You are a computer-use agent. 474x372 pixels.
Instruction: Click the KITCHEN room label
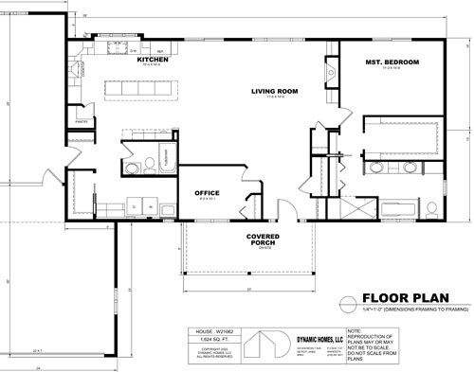[x=153, y=60]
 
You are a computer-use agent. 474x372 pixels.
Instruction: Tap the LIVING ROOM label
[x=275, y=92]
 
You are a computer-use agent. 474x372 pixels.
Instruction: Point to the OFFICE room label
[x=207, y=192]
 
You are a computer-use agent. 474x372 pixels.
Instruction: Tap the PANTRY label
[x=82, y=120]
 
